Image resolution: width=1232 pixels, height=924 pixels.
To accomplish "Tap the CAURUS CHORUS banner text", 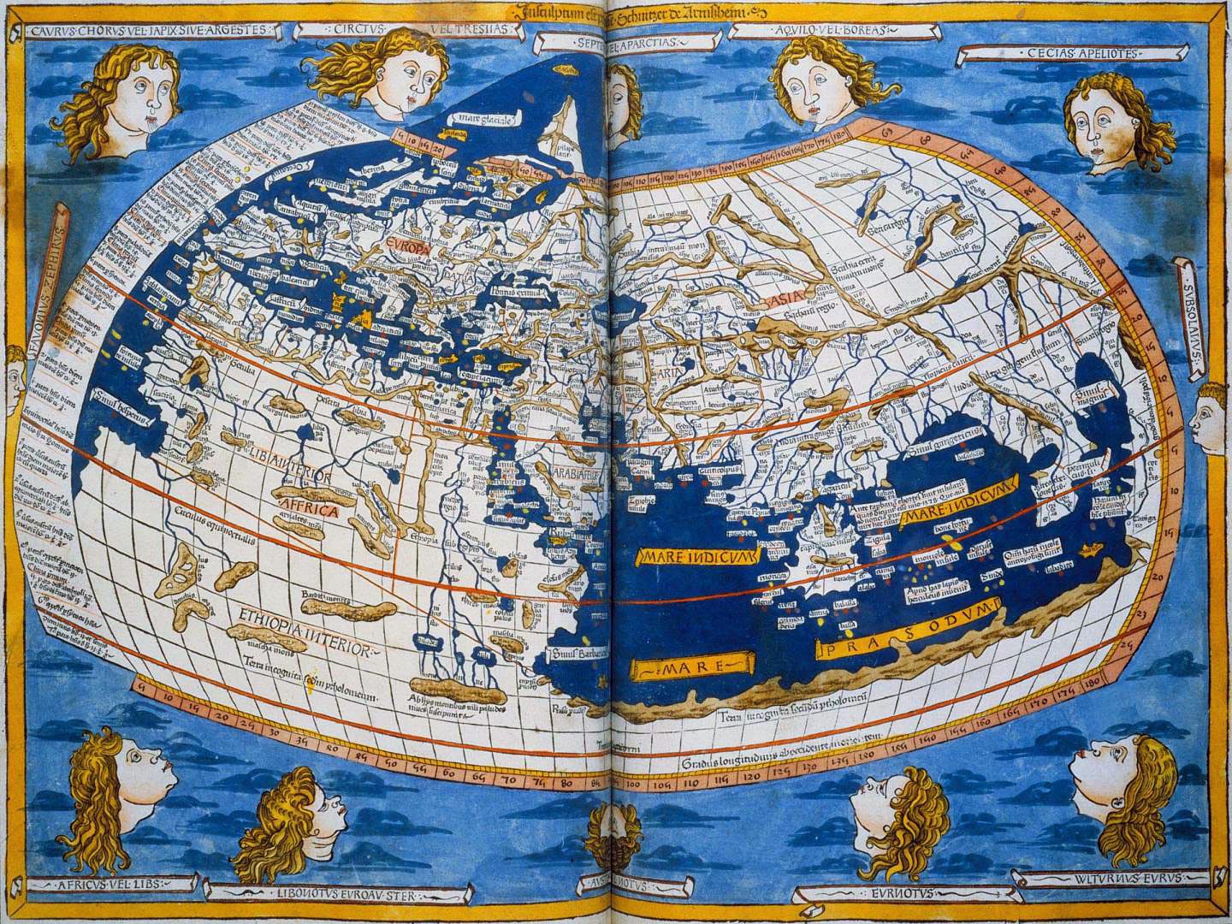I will click(x=147, y=30).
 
